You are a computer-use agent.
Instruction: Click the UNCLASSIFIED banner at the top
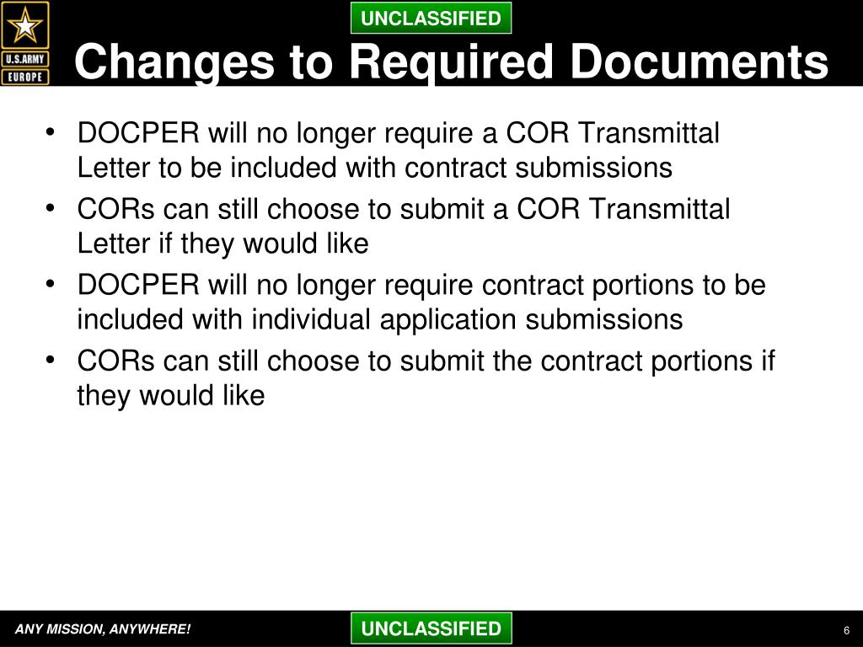coord(431,18)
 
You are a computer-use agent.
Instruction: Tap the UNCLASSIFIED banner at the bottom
coord(431,628)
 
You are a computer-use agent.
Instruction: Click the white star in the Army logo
coord(25,26)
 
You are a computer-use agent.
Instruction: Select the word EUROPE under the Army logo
coord(25,77)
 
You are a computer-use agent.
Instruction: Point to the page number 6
coord(845,632)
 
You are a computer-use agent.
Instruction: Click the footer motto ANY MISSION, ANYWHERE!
coord(102,629)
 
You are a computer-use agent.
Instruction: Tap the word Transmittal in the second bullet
coord(659,209)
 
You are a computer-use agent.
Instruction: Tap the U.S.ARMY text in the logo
coord(25,59)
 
